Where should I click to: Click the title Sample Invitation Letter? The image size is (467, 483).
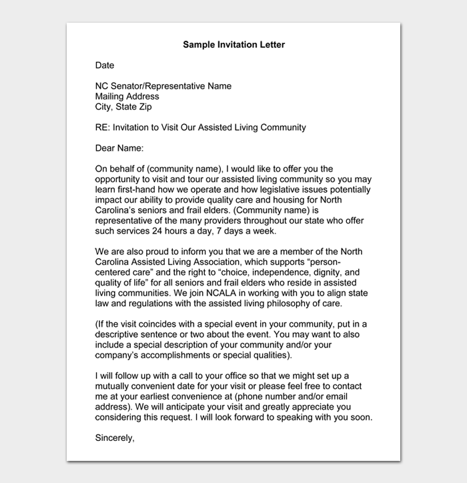[x=233, y=45]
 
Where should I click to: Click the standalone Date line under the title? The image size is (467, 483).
[x=105, y=65]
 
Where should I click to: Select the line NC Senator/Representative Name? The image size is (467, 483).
[x=163, y=86]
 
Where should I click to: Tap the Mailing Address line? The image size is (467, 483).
[x=127, y=96]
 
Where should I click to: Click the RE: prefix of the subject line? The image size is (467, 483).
[x=103, y=127]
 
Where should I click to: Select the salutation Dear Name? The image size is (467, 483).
[x=119, y=148]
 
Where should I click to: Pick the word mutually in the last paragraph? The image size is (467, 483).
[x=113, y=386]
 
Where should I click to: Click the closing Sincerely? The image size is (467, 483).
[x=115, y=438]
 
